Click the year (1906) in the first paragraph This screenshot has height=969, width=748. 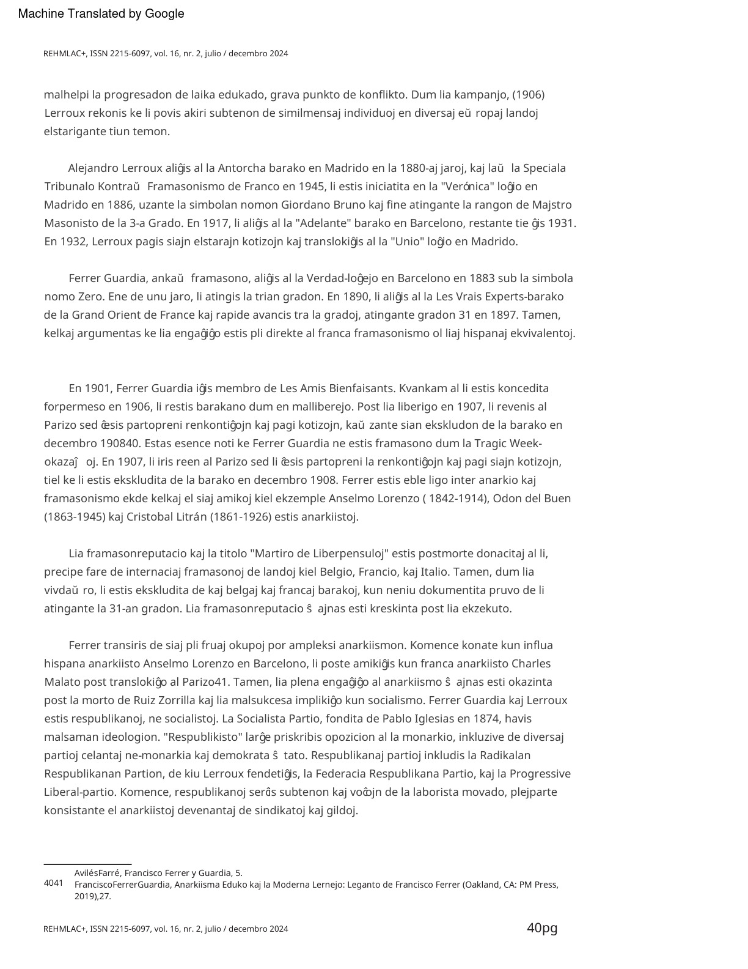pos(528,95)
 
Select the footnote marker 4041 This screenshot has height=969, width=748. pos(54,883)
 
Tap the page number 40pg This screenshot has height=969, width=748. pos(542,928)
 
